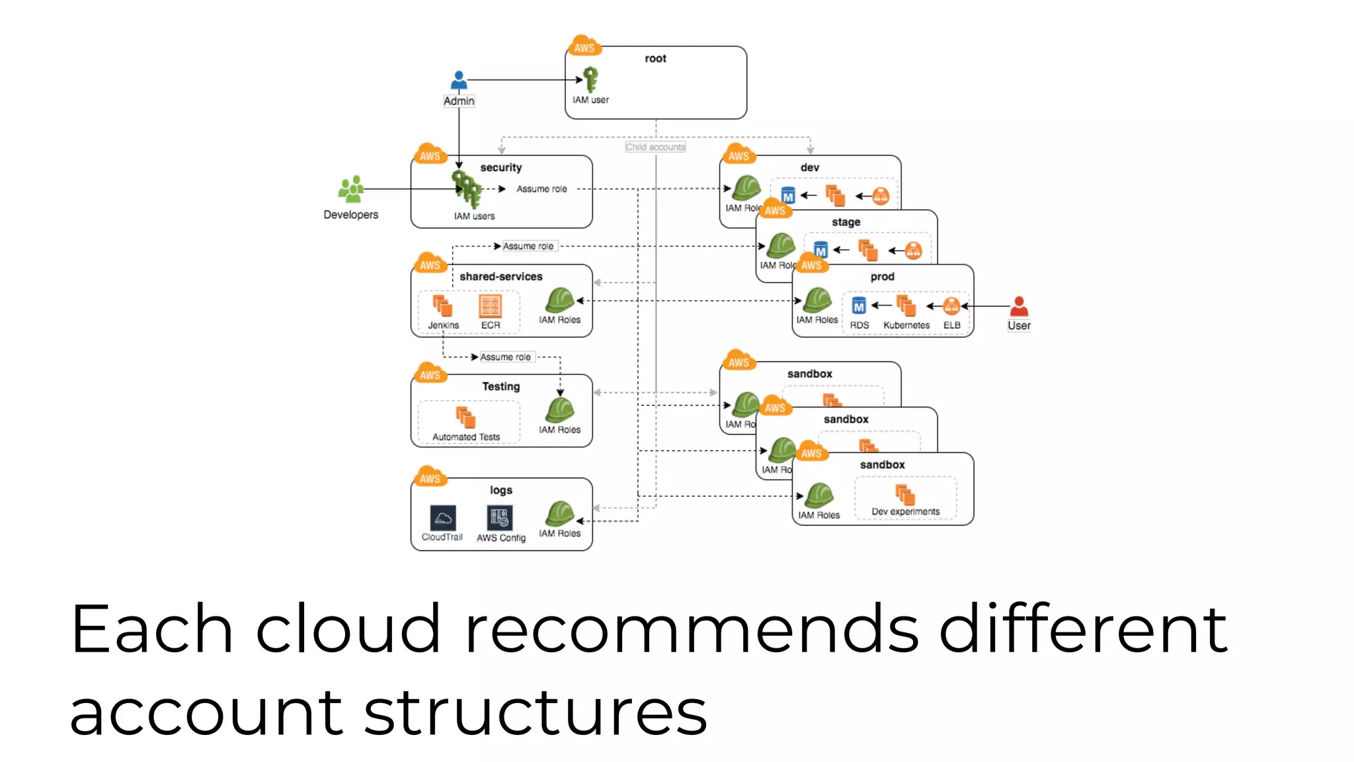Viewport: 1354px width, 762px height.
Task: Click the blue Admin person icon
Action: tap(459, 80)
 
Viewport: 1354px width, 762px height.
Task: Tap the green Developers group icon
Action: tap(351, 189)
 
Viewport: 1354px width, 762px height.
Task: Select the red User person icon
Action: tap(1019, 306)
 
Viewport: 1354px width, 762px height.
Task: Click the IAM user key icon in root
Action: tap(590, 79)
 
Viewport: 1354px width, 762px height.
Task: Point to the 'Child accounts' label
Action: tap(655, 147)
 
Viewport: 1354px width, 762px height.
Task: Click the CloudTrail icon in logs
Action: tap(442, 518)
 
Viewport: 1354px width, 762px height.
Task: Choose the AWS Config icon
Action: tap(500, 518)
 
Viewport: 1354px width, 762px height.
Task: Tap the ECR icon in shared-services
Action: tap(490, 306)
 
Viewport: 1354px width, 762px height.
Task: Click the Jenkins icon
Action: tap(442, 306)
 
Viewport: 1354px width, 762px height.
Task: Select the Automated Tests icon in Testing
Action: tap(465, 417)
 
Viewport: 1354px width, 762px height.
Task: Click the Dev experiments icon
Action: tap(905, 494)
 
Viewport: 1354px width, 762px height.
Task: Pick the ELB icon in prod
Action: tap(951, 306)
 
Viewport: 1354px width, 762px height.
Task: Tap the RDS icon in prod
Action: tap(858, 306)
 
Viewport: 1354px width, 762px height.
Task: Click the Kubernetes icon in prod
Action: tap(906, 306)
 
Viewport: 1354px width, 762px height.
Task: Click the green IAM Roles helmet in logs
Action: tap(559, 514)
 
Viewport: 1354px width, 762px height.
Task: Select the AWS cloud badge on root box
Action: tap(584, 46)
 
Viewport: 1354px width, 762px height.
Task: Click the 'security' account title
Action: tap(500, 167)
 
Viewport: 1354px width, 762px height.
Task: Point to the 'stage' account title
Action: tap(846, 222)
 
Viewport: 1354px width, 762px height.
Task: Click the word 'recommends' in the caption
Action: tap(691, 630)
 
